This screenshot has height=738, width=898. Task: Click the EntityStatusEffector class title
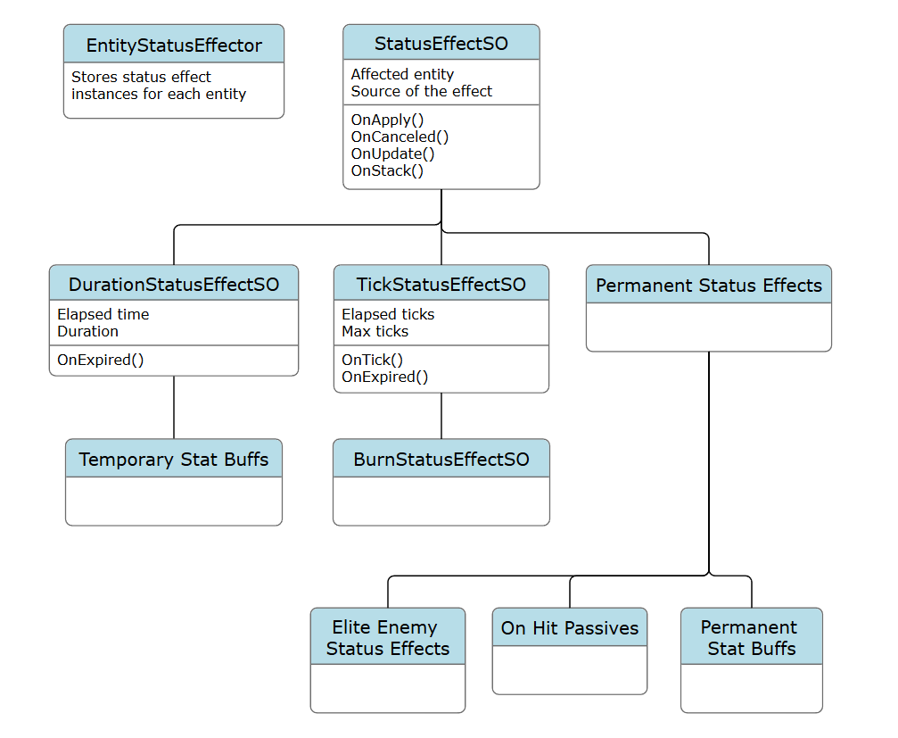(174, 45)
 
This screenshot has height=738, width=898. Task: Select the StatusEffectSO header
(441, 43)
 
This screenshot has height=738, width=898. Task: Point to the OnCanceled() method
(400, 137)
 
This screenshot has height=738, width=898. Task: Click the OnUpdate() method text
(392, 153)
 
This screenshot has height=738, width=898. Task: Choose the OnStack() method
(387, 170)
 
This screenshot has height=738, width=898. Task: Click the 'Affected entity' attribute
(402, 74)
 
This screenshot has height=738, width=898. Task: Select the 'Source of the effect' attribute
(422, 91)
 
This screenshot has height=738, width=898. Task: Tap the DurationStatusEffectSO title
(174, 285)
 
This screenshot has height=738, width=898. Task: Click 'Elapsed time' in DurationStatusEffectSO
(103, 314)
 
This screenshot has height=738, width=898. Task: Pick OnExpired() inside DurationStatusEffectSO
(101, 361)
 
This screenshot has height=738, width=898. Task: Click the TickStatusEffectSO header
(441, 285)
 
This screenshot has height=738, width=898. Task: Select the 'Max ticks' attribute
(375, 331)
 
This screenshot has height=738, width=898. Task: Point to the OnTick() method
(373, 360)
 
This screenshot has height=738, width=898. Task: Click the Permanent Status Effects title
(709, 286)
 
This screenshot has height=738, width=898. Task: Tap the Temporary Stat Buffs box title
(174, 460)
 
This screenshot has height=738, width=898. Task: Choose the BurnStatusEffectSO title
(441, 460)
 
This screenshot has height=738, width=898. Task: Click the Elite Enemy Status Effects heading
(388, 638)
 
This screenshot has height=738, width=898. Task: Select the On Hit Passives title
(570, 628)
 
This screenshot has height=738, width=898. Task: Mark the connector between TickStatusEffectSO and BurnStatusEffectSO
(441, 416)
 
